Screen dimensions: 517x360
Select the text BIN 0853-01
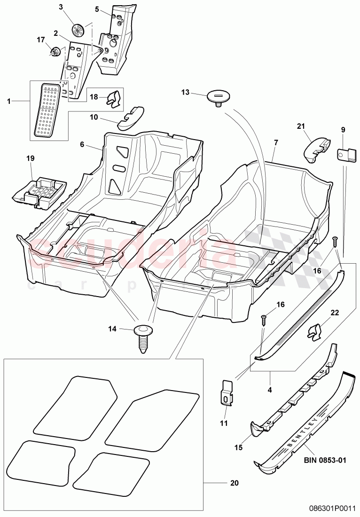pos(324,460)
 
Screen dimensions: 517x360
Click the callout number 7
pos(275,142)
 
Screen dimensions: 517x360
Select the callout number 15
pos(239,448)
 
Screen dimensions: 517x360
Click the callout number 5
pos(97,9)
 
